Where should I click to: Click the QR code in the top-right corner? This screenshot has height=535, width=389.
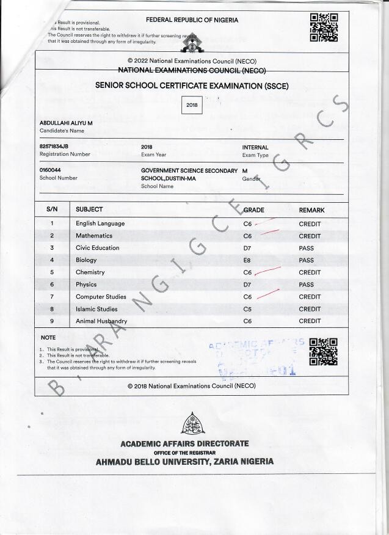tap(324, 27)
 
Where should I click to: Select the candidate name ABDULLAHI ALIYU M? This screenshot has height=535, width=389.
tap(66, 123)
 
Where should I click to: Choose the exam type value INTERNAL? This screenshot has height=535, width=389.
tap(255, 147)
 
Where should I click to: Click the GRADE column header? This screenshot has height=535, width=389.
tap(254, 210)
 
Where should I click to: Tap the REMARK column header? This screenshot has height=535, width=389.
tap(311, 210)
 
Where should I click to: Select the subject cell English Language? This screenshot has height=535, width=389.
tap(100, 224)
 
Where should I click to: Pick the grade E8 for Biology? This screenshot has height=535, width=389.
tap(247, 260)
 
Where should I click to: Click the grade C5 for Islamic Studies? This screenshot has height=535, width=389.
tap(247, 309)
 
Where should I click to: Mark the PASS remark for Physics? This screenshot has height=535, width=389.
tap(306, 285)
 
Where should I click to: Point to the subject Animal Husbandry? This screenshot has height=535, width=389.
tap(101, 321)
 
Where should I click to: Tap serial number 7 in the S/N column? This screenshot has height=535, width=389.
tap(52, 297)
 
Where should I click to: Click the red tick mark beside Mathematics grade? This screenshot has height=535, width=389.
tap(269, 233)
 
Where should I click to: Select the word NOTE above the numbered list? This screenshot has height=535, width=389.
tap(48, 338)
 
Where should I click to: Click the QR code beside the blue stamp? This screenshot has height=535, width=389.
tap(323, 351)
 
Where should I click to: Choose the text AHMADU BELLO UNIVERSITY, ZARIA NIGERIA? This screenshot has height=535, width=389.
tap(184, 462)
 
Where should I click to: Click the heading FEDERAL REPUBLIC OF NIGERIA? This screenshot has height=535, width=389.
tap(192, 20)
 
